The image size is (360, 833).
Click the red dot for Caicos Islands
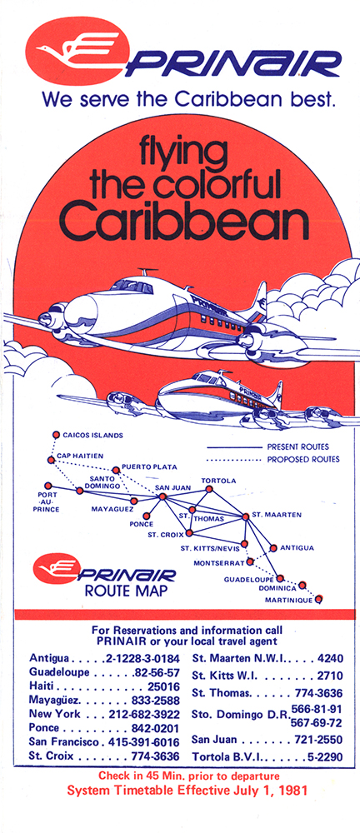56,435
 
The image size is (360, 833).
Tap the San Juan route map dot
162,496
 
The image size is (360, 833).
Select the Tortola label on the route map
218,481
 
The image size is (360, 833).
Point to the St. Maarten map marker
245,516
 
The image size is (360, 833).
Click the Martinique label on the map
288,601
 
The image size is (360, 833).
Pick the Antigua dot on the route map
273,548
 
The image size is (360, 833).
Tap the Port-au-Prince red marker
48,486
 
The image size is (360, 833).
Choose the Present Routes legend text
297,446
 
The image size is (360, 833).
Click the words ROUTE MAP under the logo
122,591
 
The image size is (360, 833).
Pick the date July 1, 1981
270,790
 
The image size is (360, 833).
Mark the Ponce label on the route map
141,524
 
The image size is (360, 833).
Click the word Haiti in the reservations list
42,686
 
